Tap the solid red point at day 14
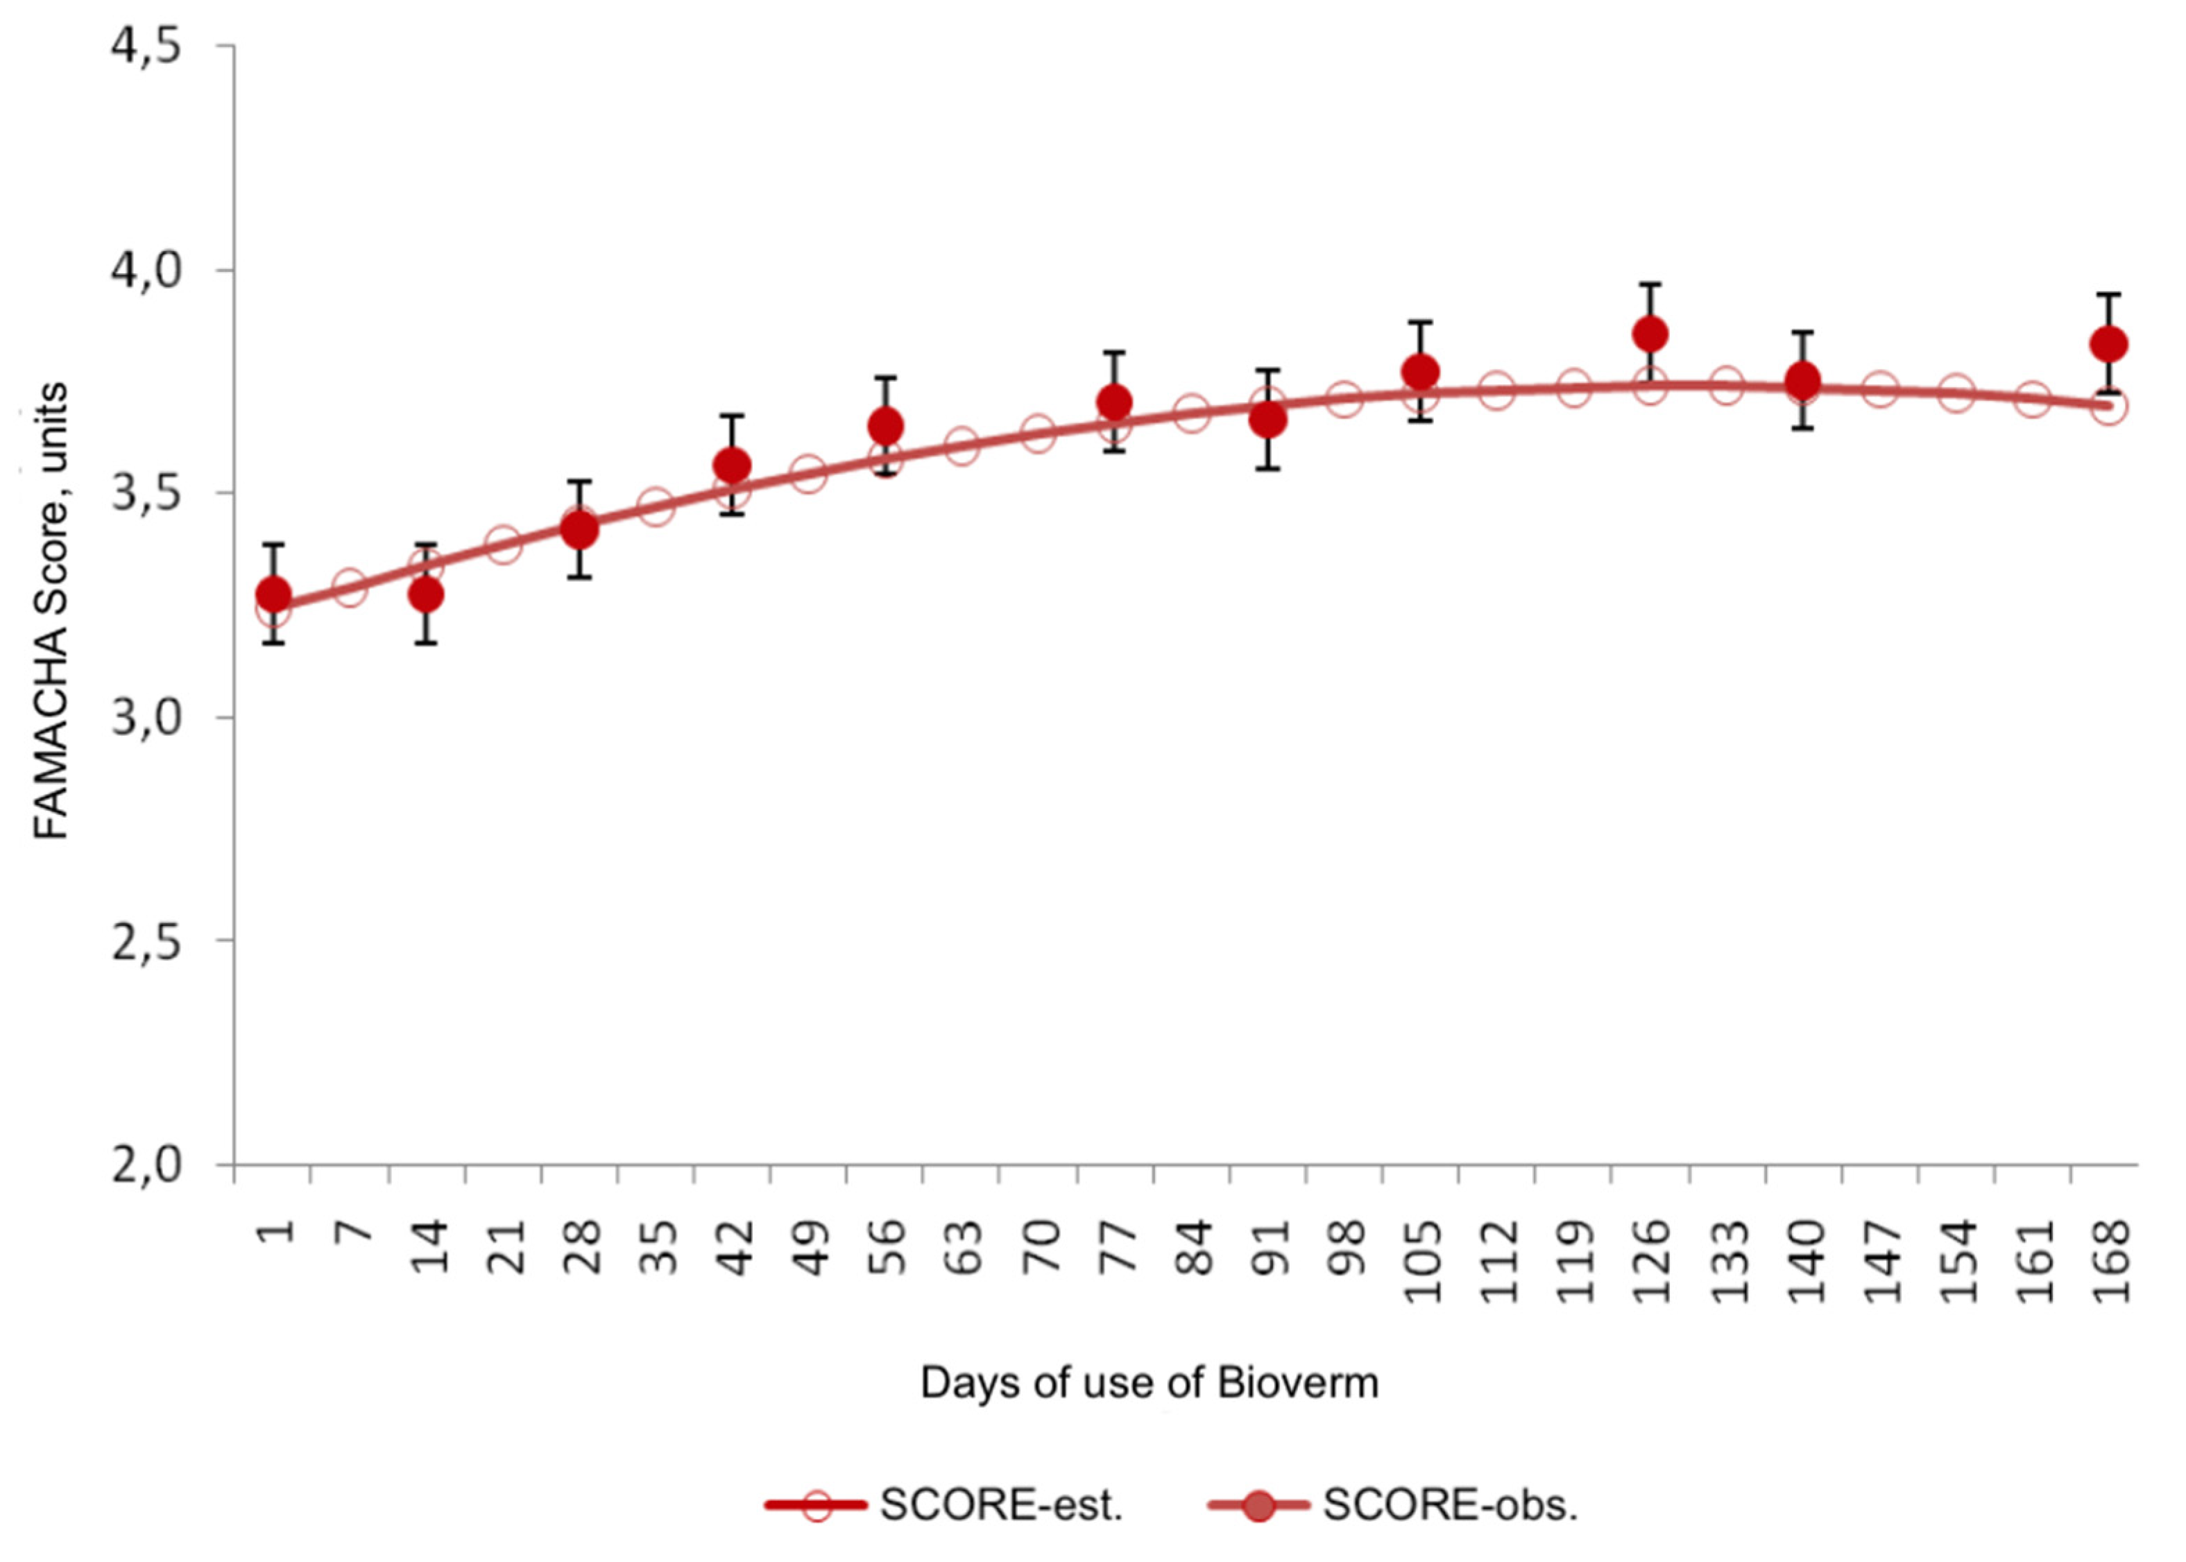point(426,595)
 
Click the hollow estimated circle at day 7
point(349,587)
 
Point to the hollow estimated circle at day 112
point(1497,390)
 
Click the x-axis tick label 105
point(1422,1262)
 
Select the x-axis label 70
point(1040,1248)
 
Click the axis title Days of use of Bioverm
point(1150,1383)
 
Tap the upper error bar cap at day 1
point(273,545)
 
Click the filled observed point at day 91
point(1267,420)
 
